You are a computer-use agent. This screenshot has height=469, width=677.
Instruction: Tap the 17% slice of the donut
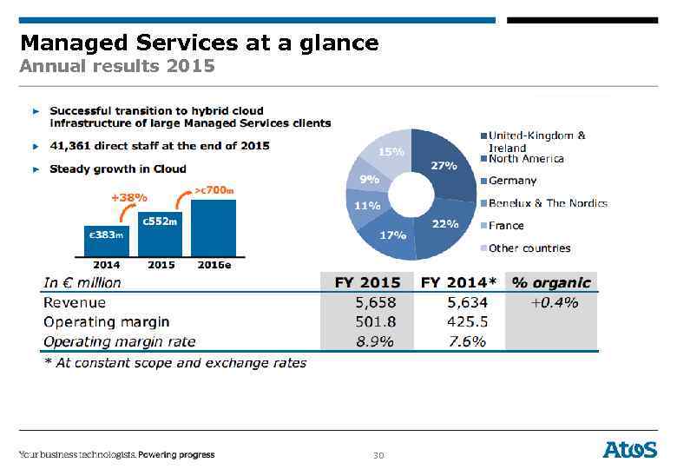[x=392, y=236]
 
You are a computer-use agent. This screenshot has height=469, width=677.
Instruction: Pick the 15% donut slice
[x=389, y=151]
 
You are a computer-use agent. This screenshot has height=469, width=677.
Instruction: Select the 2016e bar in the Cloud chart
[x=213, y=228]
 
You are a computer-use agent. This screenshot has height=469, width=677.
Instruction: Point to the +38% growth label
[x=128, y=197]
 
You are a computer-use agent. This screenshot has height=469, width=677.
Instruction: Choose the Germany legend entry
[x=512, y=181]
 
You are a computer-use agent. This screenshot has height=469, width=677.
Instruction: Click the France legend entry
[x=506, y=226]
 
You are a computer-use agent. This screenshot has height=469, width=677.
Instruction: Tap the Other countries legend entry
[x=529, y=248]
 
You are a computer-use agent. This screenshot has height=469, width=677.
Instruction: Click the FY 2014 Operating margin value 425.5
[x=465, y=321]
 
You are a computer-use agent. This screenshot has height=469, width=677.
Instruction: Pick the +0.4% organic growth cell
[x=554, y=302]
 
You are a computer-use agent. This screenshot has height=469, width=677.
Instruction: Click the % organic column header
[x=551, y=282]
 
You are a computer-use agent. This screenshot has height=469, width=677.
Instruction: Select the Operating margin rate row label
[x=119, y=341]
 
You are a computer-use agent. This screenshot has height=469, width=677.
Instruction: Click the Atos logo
[x=630, y=449]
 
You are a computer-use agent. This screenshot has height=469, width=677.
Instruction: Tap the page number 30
[x=378, y=455]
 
